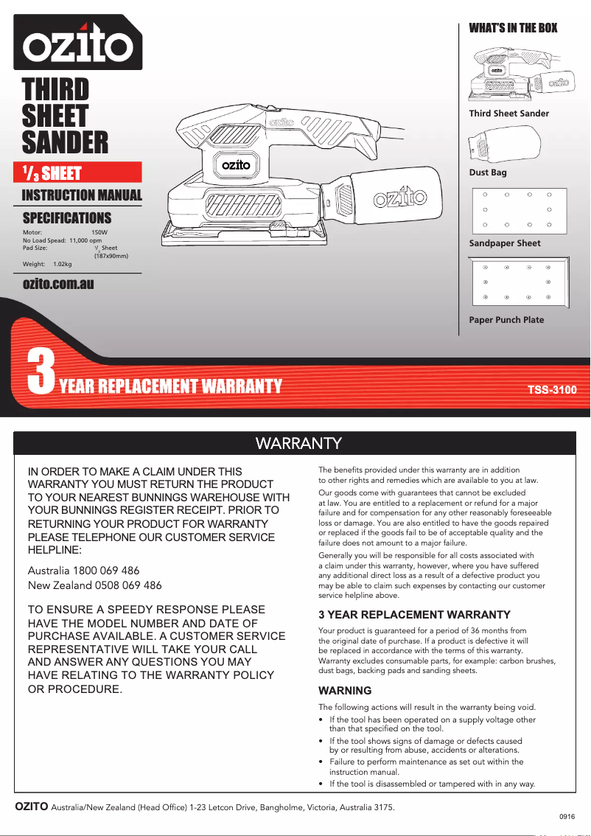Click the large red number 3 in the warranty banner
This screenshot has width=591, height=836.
tap(41, 373)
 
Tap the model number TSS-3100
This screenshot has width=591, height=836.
tap(551, 389)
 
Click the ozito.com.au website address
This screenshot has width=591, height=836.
tap(58, 284)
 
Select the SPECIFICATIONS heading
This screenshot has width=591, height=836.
tap(67, 217)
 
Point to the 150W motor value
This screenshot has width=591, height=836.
tap(99, 232)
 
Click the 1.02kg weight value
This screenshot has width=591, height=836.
tap(63, 264)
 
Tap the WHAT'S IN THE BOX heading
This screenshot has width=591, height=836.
tap(513, 28)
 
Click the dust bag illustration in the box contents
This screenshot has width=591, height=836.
tap(505, 147)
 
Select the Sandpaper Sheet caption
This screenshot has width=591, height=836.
tap(505, 243)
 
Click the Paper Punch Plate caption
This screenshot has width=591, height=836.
tap(506, 320)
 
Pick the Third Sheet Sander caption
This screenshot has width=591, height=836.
tap(509, 114)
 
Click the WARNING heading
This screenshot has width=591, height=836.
tap(345, 691)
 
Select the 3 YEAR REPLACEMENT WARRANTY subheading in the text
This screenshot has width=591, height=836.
tap(414, 614)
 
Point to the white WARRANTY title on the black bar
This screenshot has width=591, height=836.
tap(298, 443)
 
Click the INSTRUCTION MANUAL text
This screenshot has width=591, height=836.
tap(82, 195)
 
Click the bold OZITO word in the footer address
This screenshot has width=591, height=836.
tap(32, 807)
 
